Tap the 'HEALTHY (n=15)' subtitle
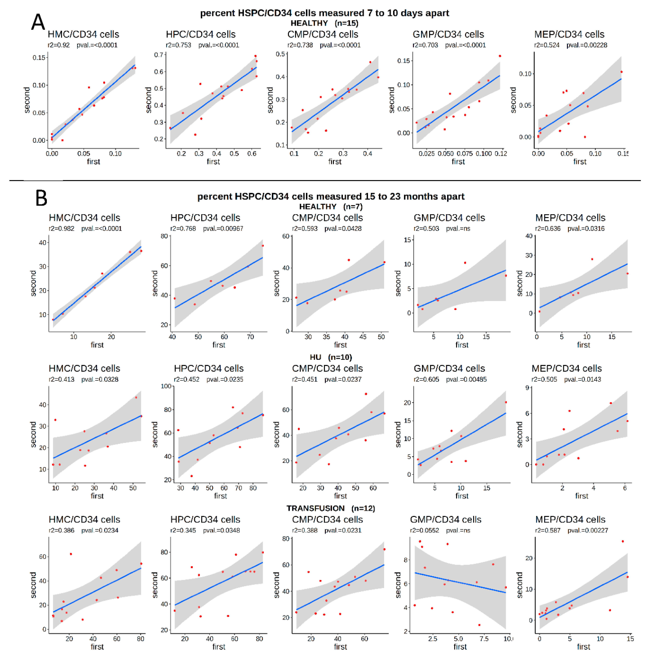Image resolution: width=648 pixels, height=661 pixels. tap(324, 23)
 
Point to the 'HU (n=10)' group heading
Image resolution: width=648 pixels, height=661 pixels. tap(330, 357)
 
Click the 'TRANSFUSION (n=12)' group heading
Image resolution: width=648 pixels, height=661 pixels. tap(330, 508)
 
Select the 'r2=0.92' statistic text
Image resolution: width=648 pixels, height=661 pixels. tap(59, 45)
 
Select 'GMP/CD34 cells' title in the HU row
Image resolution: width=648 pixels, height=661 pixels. tap(449, 369)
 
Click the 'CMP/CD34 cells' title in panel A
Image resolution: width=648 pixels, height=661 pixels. tap(323, 34)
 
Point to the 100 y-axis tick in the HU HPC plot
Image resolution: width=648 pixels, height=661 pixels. tap(166, 386)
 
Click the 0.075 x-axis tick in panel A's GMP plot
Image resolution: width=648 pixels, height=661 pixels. tap(465, 154)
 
